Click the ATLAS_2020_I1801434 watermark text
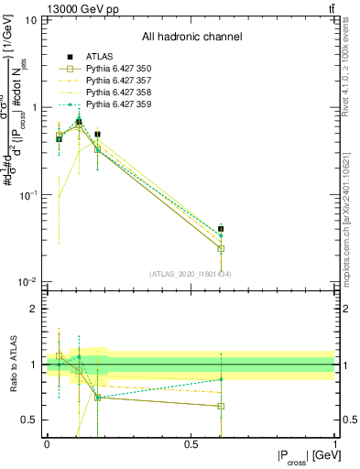191,274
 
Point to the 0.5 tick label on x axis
191,443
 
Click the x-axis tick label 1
335,443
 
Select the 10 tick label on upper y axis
31,19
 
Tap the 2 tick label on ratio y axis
34,309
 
